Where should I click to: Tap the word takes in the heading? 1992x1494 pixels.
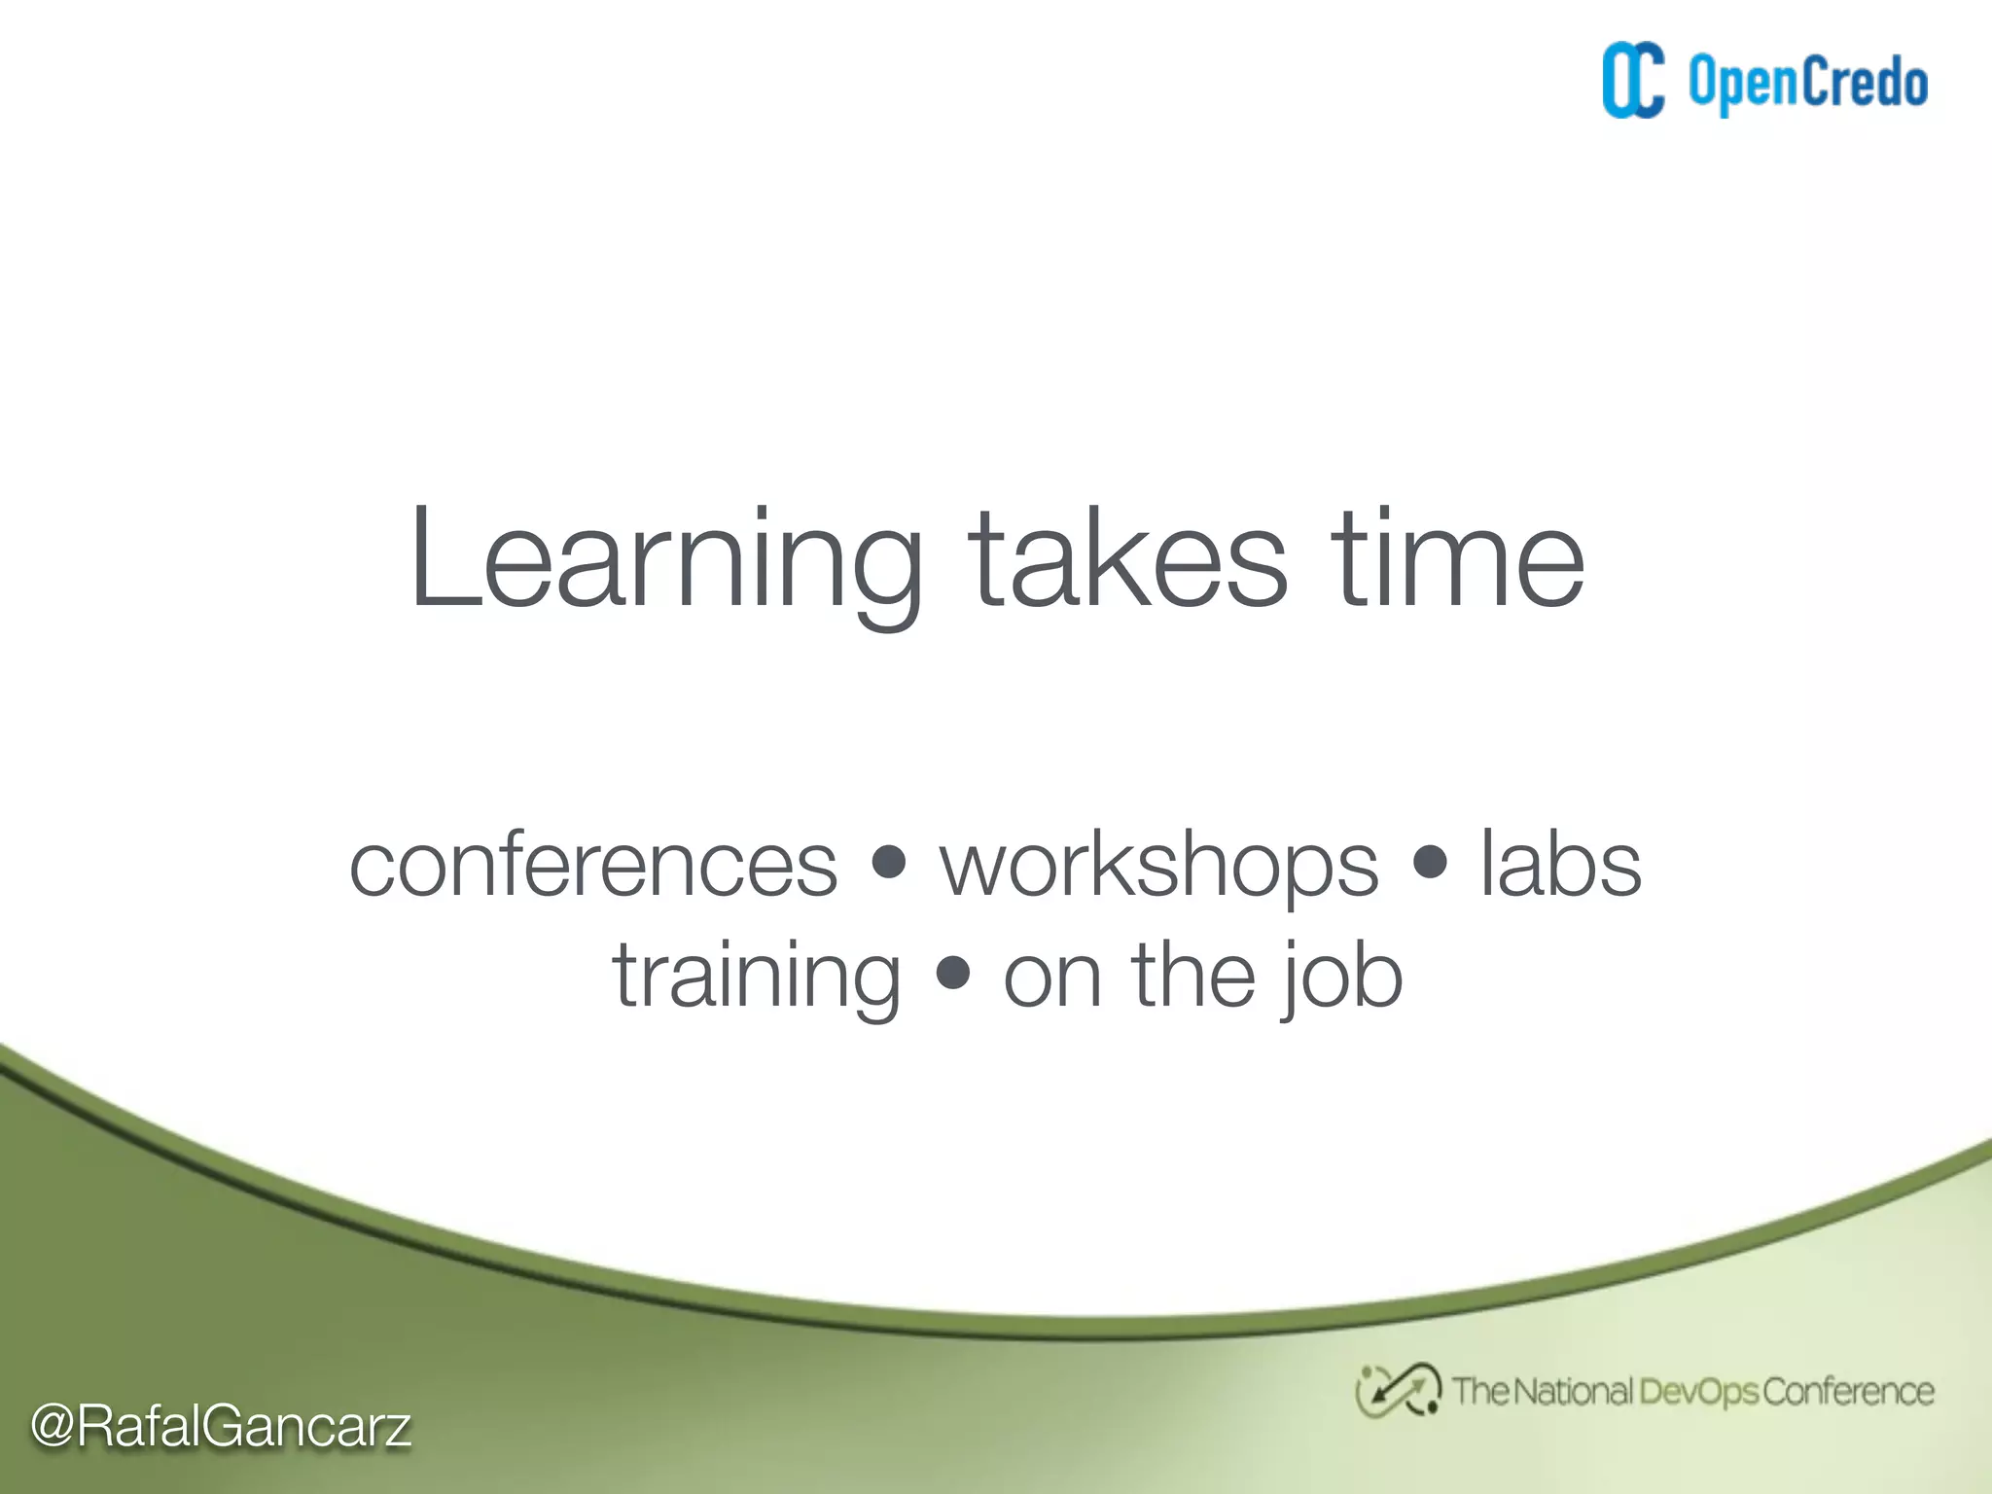1127,562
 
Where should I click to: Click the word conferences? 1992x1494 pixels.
592,865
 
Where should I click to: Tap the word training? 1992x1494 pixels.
756,978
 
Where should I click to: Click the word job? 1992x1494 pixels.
1341,978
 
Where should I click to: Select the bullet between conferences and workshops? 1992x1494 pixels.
888,862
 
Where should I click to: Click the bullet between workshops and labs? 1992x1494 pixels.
1429,862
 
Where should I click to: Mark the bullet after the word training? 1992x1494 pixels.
953,973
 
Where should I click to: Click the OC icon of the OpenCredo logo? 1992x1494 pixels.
1633,81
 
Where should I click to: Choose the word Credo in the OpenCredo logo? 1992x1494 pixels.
1865,82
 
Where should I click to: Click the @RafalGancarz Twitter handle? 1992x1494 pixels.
221,1427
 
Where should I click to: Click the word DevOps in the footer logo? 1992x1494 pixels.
1698,1392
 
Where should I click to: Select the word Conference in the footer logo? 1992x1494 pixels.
1847,1391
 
